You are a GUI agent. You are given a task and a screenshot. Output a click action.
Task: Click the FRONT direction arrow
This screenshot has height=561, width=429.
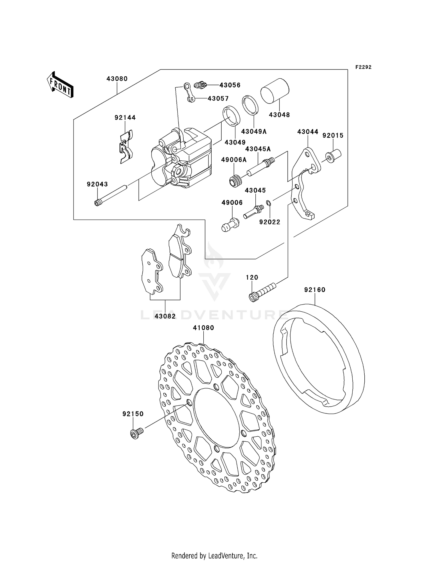60,85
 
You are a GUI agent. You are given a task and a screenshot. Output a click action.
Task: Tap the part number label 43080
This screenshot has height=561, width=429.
117,79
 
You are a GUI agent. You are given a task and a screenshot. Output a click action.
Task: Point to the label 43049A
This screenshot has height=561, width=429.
254,132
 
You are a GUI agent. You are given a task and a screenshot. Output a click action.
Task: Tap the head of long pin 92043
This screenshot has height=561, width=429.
98,202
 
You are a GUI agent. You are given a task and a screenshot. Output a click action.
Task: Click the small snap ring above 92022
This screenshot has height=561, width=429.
269,203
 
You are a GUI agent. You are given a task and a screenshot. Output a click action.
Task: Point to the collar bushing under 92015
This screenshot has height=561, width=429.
333,156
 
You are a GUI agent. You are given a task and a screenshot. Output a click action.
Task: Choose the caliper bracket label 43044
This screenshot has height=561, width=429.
307,132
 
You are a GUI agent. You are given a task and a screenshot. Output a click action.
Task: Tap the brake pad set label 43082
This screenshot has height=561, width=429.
165,316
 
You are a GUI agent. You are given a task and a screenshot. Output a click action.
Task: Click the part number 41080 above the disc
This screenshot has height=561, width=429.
203,328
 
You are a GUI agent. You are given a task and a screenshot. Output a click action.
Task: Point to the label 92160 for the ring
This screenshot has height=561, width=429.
315,290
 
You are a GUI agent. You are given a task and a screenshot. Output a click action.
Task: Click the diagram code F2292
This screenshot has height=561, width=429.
363,67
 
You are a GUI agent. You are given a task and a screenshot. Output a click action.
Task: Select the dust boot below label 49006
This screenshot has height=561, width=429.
230,225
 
